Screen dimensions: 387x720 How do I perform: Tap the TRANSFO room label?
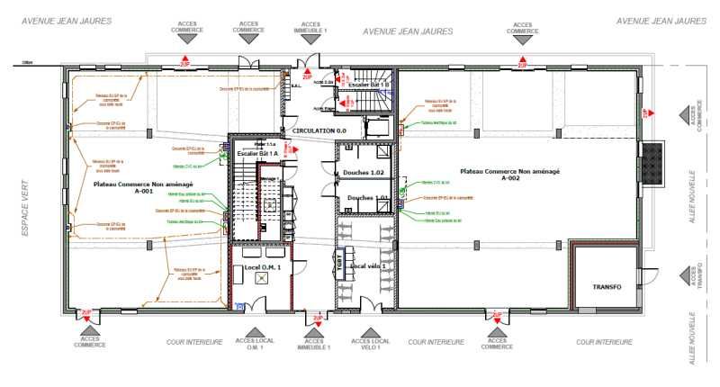(x=607, y=286)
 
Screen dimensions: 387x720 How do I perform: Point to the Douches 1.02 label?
(x=364, y=172)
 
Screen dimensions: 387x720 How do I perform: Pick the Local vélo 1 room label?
(x=371, y=266)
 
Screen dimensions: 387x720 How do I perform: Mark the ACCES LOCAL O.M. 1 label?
(x=254, y=345)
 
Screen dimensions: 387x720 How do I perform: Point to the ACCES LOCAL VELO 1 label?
(x=370, y=345)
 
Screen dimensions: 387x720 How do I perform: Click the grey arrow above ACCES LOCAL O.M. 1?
(x=254, y=332)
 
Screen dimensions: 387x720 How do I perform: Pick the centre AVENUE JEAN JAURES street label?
(x=407, y=31)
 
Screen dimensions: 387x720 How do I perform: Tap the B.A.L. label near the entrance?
(x=295, y=86)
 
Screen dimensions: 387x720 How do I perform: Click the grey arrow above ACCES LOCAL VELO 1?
(x=370, y=332)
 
